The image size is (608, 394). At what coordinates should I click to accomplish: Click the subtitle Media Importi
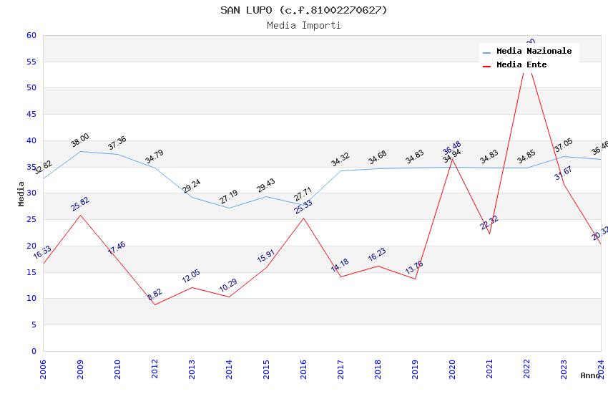pyautogui.click(x=303, y=26)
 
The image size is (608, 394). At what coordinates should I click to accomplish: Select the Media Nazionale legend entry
pyautogui.click(x=534, y=52)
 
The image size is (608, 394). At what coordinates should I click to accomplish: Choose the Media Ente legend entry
pyautogui.click(x=521, y=65)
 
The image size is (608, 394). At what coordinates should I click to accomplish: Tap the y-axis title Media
pyautogui.click(x=21, y=193)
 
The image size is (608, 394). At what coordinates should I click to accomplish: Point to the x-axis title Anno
pyautogui.click(x=590, y=375)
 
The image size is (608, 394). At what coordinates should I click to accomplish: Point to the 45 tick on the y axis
pyautogui.click(x=31, y=115)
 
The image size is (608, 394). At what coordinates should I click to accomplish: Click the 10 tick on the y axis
pyautogui.click(x=31, y=299)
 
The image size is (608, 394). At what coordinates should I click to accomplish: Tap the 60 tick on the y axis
pyautogui.click(x=31, y=36)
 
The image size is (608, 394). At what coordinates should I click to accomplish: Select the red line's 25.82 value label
pyautogui.click(x=80, y=203)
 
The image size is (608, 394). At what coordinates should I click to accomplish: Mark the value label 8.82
pyautogui.click(x=155, y=294)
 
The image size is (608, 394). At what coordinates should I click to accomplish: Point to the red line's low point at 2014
pyautogui.click(x=229, y=297)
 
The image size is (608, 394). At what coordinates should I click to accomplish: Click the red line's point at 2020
pyautogui.click(x=452, y=159)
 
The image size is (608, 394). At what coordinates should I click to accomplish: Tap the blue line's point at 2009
pyautogui.click(x=80, y=151)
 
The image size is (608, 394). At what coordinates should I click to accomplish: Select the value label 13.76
pyautogui.click(x=415, y=269)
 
